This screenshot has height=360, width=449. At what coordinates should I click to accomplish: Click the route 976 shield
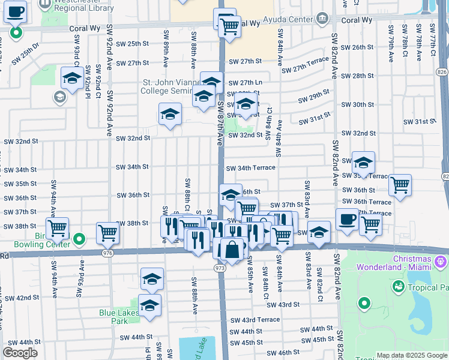point(107,253)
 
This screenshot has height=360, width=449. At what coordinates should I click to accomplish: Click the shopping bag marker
point(232,248)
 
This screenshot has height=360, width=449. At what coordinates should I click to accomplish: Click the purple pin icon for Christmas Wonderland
point(441,262)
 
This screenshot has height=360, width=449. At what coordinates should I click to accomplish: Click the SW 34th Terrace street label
point(251,168)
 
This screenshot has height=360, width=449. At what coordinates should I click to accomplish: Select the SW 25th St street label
point(132,44)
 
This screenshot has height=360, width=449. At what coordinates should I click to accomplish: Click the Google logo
point(20,353)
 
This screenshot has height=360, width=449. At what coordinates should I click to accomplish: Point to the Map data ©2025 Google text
point(411,355)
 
